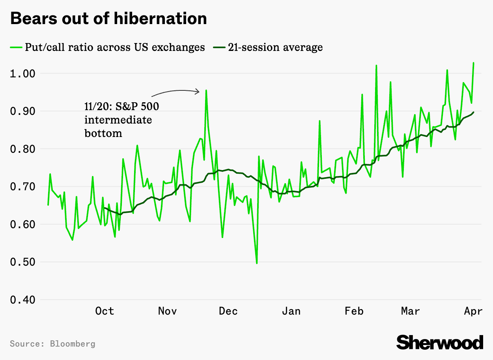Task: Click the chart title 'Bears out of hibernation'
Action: [x=108, y=19]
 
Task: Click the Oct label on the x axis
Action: [x=105, y=311]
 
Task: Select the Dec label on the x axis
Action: [x=228, y=311]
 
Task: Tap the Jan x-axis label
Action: [x=291, y=311]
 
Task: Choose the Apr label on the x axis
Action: [x=473, y=311]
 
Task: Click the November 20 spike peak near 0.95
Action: [x=206, y=90]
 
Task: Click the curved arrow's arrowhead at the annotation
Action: [x=199, y=92]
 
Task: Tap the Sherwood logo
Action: [x=440, y=342]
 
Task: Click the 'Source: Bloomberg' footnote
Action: [x=52, y=344]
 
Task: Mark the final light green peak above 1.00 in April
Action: [x=473, y=63]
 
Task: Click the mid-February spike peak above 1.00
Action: [x=376, y=66]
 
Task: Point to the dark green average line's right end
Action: [x=473, y=112]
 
